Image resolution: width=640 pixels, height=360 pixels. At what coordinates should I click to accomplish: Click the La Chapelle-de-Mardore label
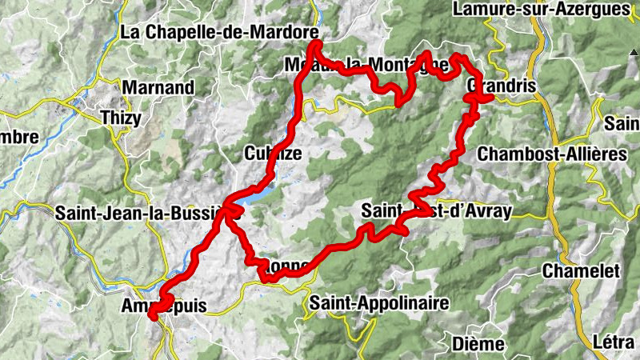219,32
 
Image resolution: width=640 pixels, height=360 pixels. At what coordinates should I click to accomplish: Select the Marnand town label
159,87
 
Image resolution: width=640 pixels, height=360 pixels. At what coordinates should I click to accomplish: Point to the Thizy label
121,118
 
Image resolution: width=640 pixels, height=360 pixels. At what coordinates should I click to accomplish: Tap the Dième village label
478,343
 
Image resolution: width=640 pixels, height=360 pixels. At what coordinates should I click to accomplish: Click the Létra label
614,342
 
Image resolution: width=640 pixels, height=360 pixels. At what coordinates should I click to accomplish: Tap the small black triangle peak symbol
623,53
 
